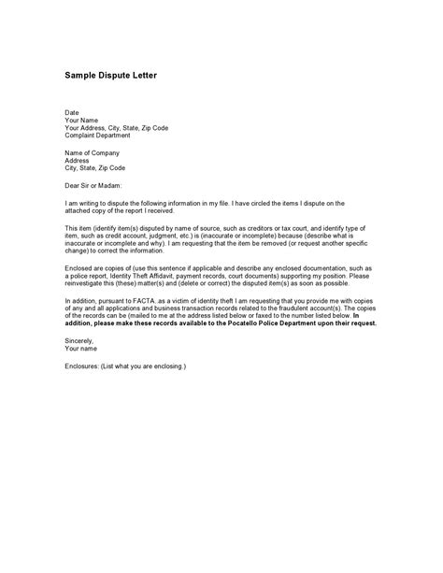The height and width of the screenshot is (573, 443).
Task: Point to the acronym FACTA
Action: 148,300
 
